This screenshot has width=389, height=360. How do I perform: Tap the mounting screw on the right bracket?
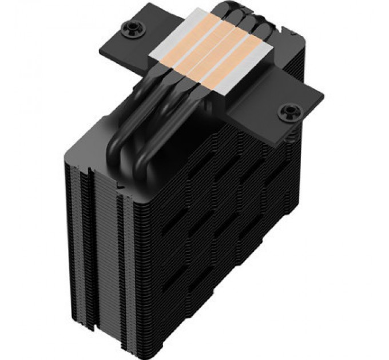coord(285,113)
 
